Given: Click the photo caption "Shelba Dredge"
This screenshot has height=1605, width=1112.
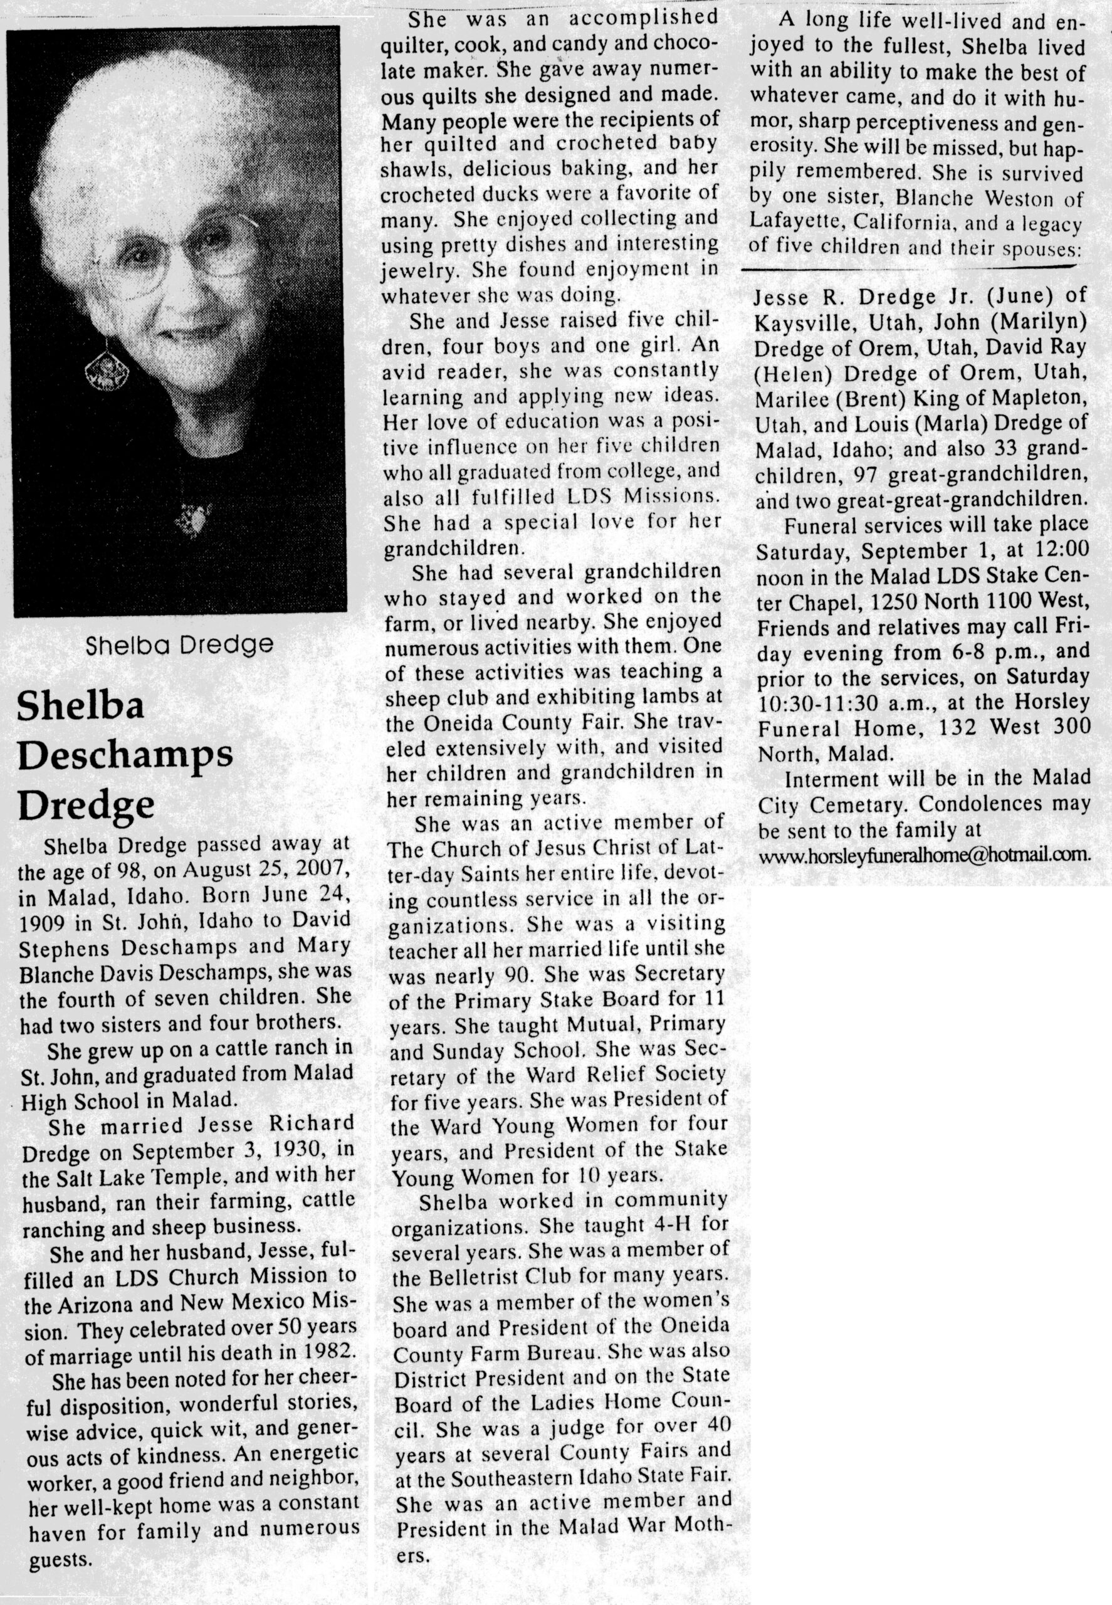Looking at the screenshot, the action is [179, 645].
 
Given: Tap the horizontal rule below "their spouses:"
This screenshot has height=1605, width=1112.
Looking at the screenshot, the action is [913, 268].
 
